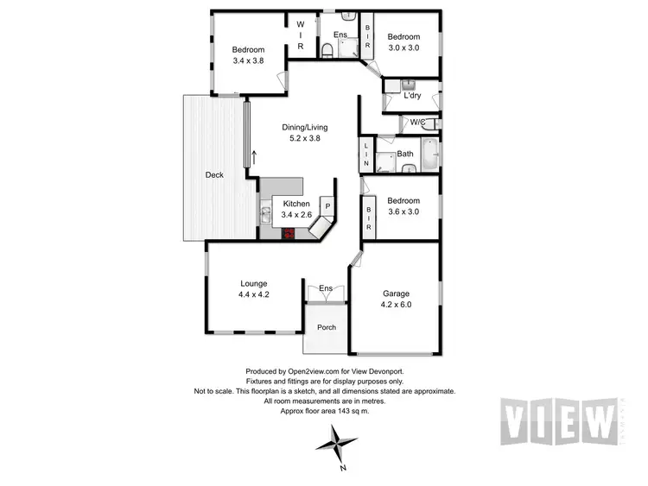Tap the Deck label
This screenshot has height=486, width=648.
tap(214, 175)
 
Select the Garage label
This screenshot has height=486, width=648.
tap(396, 293)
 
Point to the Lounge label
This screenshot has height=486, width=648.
tap(254, 283)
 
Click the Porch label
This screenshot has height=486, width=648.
tap(327, 327)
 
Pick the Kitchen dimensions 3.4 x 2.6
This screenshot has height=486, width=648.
tap(295, 214)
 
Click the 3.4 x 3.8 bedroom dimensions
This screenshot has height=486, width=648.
tap(247, 61)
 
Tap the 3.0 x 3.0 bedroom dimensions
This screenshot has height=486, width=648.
tap(403, 48)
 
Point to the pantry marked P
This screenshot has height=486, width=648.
tap(327, 207)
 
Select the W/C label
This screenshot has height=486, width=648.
tap(417, 122)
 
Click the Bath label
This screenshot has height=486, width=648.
tap(405, 155)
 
